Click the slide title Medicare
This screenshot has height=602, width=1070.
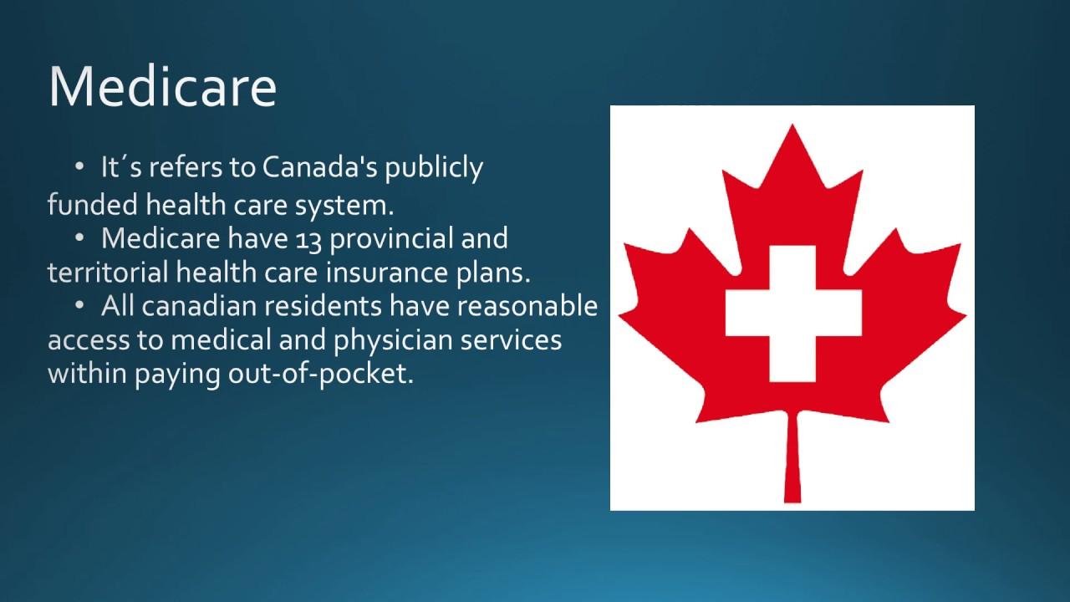tap(162, 87)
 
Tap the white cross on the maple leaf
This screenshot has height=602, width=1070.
tap(793, 314)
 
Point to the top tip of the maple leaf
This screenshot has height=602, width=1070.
tap(792, 125)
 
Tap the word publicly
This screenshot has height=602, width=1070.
tap(434, 169)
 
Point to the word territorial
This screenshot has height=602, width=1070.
tap(108, 273)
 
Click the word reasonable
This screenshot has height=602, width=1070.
tap(527, 306)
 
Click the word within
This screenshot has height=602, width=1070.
tap(88, 373)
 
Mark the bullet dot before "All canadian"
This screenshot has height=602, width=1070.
tap(79, 305)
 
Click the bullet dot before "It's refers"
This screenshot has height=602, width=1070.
tap(79, 166)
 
